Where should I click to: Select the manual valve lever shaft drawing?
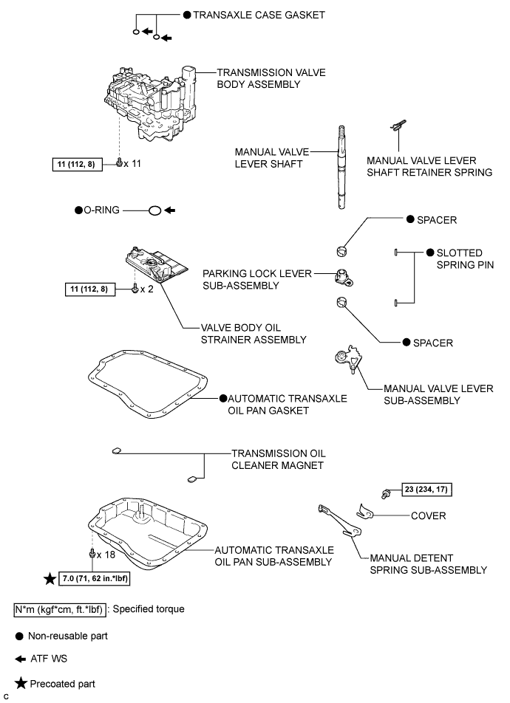(341, 167)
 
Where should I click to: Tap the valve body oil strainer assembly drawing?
(155, 264)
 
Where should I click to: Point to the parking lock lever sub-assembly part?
(344, 277)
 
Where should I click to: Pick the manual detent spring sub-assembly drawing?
(339, 520)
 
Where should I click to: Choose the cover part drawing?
(366, 511)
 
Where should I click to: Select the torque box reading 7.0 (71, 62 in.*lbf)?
(95, 578)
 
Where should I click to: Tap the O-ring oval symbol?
(154, 210)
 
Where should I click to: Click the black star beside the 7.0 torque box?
(50, 578)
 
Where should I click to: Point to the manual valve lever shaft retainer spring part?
(398, 125)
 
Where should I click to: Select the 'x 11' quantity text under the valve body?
(132, 164)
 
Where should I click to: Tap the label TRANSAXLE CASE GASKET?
(259, 15)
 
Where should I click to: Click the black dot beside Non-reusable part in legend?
(19, 637)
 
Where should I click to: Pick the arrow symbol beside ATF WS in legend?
(20, 659)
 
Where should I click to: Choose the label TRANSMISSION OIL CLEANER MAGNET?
(279, 459)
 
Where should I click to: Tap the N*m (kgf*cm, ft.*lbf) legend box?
(60, 610)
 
